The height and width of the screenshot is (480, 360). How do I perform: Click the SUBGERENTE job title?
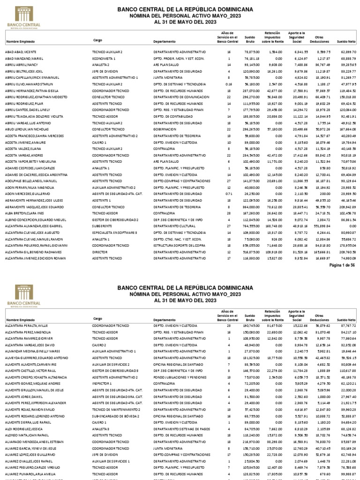point(103,225)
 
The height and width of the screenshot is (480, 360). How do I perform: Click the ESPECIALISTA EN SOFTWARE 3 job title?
point(115,232)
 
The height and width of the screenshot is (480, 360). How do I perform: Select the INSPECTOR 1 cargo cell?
point(103,383)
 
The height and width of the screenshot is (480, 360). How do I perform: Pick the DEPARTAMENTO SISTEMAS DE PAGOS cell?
point(180,428)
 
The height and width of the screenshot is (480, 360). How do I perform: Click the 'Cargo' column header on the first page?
point(98,40)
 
